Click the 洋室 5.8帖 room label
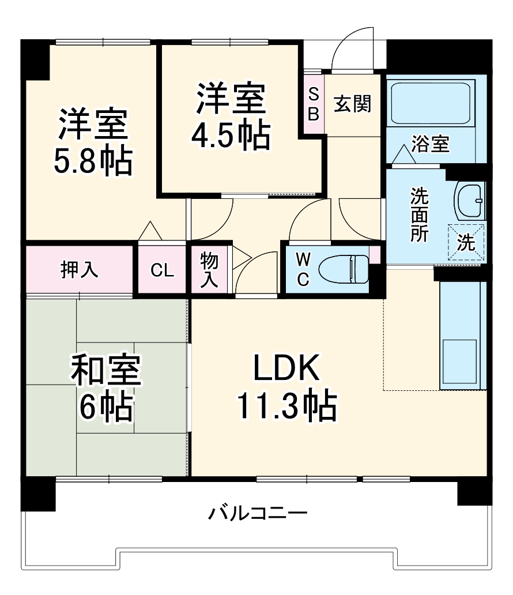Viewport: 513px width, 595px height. (x=93, y=142)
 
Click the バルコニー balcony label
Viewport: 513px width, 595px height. (x=258, y=512)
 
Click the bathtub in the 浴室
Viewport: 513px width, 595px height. (x=431, y=104)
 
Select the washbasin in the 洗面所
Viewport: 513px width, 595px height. (x=469, y=201)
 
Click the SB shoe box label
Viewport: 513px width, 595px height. (x=313, y=104)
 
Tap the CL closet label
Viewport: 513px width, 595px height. (x=162, y=270)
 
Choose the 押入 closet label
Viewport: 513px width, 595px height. (x=80, y=270)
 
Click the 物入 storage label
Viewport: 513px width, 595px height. (x=209, y=270)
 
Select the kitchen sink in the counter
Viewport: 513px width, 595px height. (x=459, y=362)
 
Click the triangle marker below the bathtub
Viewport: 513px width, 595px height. (x=403, y=154)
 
